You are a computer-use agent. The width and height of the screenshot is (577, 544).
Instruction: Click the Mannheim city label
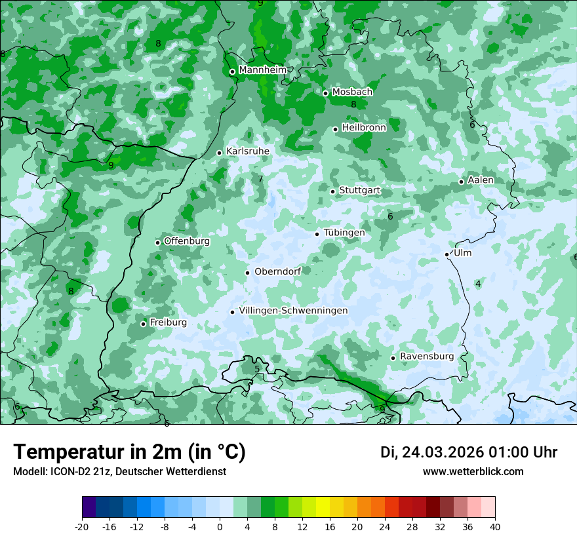pos(263,70)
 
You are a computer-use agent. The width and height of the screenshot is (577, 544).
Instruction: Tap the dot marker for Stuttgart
pos(333,191)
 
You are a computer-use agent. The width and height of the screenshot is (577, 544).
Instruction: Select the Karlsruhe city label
pos(248,151)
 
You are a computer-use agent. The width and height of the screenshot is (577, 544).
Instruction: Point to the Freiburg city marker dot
pos(144,324)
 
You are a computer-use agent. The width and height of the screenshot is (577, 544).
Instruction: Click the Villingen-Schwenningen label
pos(293,311)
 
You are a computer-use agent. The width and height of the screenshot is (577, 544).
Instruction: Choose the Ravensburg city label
pos(427,357)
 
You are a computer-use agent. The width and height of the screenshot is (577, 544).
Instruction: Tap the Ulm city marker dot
pos(447,254)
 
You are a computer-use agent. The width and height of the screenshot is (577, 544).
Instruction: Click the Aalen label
pos(481,180)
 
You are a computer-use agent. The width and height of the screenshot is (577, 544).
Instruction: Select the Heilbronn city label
pos(364,128)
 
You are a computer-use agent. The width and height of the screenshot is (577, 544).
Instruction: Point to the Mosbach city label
pos(352,92)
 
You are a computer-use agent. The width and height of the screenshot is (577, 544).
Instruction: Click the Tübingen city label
pos(344,233)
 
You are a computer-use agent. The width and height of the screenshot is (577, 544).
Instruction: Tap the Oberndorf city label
pos(277,271)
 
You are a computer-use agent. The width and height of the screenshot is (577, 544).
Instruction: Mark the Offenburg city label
pos(187,241)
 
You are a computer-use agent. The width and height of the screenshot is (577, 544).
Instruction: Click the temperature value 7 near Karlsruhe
pos(260,179)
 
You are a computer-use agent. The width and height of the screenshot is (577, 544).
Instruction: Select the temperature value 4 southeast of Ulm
pos(478,284)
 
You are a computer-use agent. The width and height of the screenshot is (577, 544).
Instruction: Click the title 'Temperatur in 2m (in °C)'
pos(129,452)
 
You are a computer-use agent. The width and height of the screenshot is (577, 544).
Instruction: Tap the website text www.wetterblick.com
pos(473,472)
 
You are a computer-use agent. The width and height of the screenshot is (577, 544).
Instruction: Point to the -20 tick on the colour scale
pos(82,526)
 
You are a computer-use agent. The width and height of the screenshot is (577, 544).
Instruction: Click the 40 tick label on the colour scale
pos(494,526)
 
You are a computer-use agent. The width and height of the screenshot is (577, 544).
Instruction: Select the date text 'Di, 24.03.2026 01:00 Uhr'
pos(469,452)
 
